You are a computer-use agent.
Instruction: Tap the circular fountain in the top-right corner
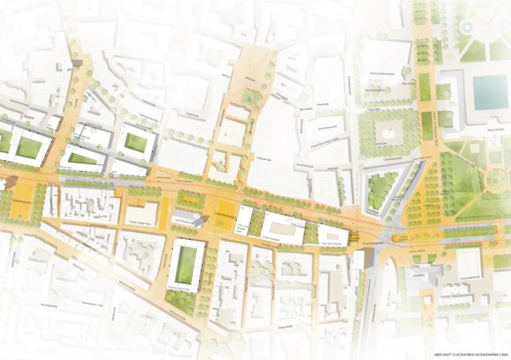467,26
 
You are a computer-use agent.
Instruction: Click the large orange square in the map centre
225,216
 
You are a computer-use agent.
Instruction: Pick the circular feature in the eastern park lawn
493,180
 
